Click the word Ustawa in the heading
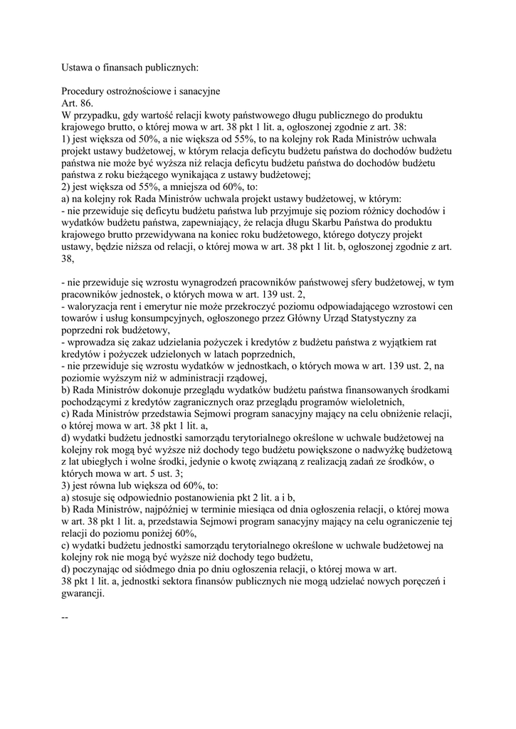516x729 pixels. tap(79, 68)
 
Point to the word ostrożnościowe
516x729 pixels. tap(149, 92)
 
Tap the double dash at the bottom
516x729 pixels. tap(65, 617)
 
